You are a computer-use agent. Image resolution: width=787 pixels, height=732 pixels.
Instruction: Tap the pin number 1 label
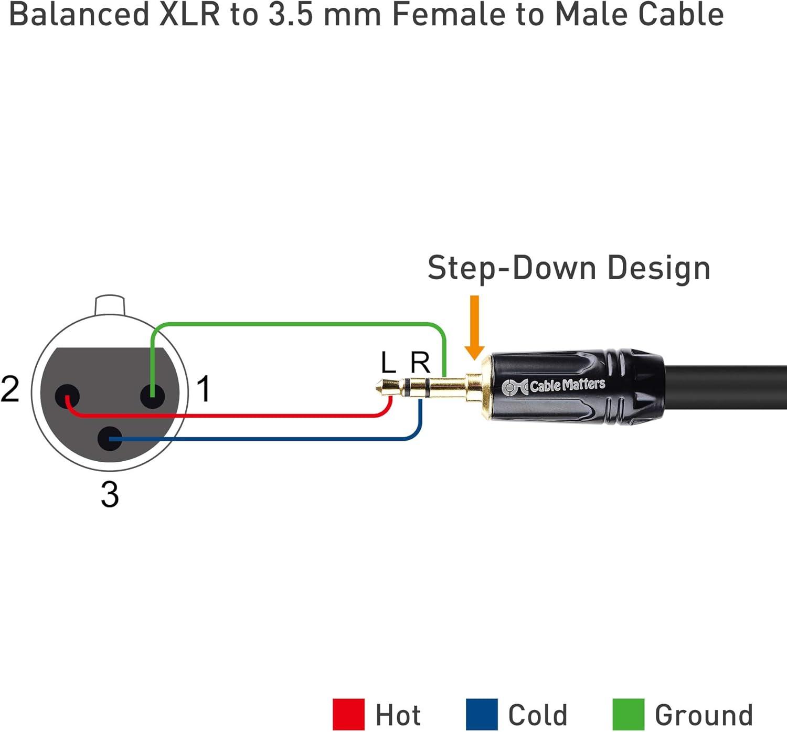coord(204,389)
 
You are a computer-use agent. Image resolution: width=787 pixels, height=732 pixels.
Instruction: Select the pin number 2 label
coord(10,389)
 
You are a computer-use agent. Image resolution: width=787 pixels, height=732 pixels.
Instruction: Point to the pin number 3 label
coord(110,494)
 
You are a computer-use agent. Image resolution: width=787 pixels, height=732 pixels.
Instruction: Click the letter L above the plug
coord(388,363)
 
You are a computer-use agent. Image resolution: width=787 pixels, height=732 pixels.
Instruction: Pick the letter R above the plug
coord(420,363)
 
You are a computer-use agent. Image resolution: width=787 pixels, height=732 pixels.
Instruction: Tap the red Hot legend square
coord(348,714)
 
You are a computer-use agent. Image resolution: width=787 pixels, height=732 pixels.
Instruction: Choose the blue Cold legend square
coord(481,714)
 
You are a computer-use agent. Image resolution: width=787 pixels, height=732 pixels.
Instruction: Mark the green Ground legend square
coord(628,714)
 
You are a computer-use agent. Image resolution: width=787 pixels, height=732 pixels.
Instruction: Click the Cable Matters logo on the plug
coord(554,386)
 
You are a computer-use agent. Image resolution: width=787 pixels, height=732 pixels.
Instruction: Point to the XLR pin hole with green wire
coord(152,396)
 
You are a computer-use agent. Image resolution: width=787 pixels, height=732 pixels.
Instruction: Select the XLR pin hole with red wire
coord(67,396)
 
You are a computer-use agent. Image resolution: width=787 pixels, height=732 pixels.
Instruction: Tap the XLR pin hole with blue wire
coord(110,439)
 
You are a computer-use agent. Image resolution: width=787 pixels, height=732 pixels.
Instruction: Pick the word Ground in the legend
coord(704,715)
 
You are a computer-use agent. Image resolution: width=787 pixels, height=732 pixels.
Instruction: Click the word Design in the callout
coord(658,269)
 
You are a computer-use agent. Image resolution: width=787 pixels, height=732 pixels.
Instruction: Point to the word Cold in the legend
coord(538,715)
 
